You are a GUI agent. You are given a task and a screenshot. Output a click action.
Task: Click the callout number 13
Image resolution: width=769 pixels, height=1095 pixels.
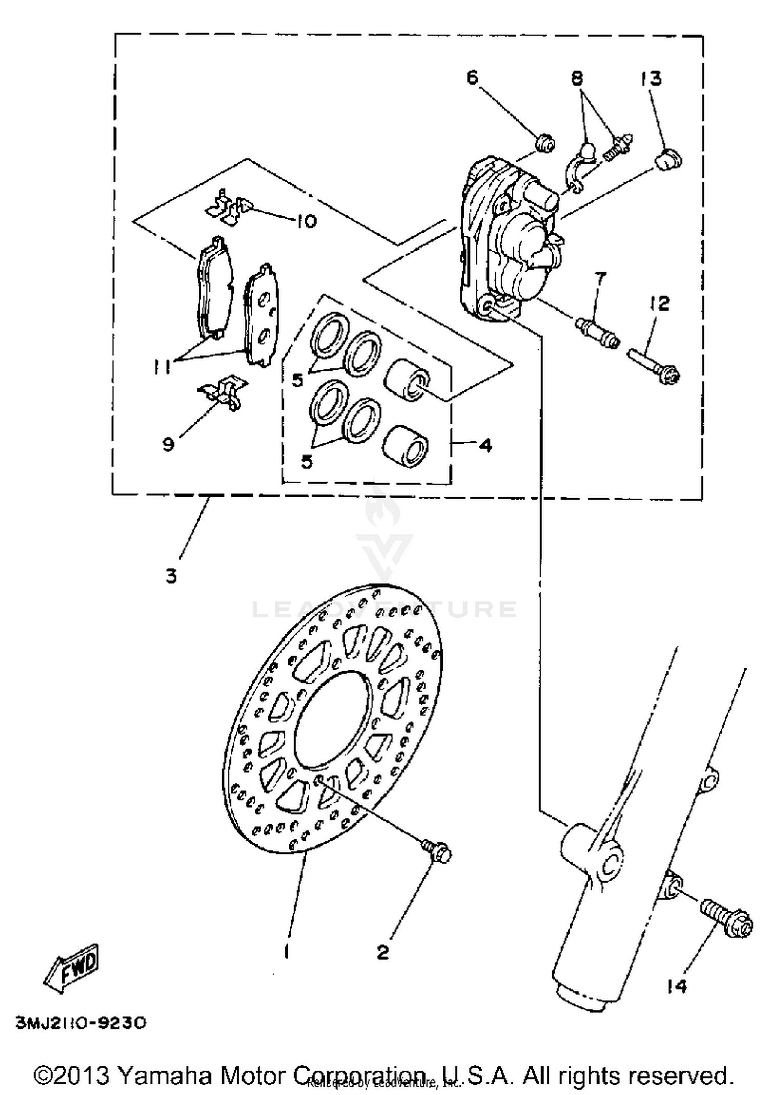point(651,79)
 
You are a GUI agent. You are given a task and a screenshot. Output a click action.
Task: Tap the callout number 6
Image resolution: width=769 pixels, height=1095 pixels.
point(472,77)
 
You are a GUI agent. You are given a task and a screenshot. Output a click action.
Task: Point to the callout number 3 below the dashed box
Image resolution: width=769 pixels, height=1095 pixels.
point(171,576)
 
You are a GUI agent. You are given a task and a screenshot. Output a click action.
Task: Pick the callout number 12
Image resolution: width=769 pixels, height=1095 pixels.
point(661,303)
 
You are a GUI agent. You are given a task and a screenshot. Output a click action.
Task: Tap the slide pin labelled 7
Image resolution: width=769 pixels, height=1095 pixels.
point(598,332)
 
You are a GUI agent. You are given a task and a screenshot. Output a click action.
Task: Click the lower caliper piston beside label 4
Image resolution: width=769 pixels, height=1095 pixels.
point(406,445)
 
